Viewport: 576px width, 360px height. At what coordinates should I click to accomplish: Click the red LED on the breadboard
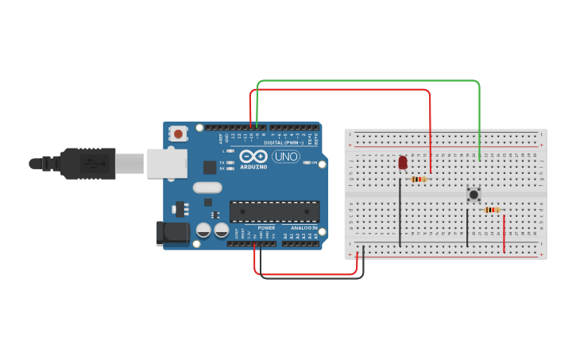(x=403, y=162)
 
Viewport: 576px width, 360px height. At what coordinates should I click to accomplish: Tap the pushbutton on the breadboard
(x=474, y=194)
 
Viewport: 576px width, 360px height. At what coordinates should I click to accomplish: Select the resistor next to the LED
(x=418, y=179)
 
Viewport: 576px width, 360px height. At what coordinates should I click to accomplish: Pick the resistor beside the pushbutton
(x=492, y=210)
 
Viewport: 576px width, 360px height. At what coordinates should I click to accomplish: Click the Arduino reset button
(x=178, y=134)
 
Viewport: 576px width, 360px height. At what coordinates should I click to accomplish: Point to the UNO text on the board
(x=285, y=157)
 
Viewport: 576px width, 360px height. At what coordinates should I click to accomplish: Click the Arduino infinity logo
(x=253, y=157)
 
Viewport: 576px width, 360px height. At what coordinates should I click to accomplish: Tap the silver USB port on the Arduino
(x=166, y=163)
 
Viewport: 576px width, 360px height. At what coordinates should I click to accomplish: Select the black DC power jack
(x=173, y=233)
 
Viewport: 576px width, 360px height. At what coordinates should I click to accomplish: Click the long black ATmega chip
(x=274, y=211)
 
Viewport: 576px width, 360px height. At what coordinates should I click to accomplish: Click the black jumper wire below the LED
(x=400, y=211)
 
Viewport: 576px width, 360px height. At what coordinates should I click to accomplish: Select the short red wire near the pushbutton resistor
(x=504, y=234)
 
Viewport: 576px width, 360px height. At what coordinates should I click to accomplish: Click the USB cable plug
(x=88, y=163)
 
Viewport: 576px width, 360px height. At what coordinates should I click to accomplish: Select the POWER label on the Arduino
(x=266, y=228)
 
